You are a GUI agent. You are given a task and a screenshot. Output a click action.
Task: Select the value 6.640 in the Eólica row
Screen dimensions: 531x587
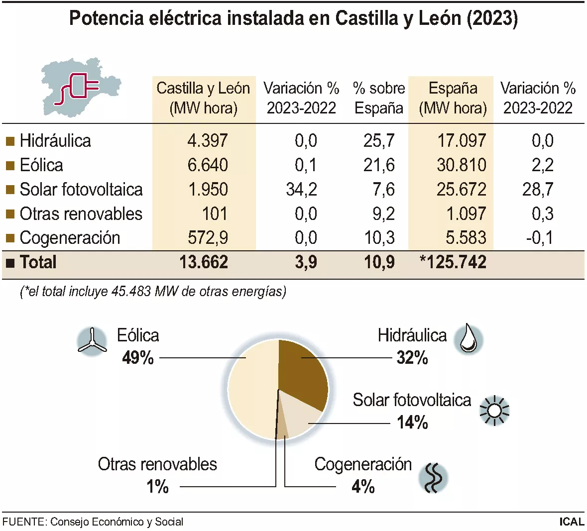[x=208, y=165]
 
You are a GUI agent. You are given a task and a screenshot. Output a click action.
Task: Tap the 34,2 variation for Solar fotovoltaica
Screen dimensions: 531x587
[x=301, y=189]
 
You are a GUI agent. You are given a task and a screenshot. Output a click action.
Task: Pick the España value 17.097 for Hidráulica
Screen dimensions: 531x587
[x=461, y=140]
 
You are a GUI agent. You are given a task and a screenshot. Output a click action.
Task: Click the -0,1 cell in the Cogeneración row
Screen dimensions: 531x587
[x=539, y=237]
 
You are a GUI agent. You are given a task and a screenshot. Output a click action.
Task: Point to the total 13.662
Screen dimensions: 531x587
[x=203, y=262]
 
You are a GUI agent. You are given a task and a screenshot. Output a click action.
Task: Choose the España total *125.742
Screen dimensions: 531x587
[x=453, y=262]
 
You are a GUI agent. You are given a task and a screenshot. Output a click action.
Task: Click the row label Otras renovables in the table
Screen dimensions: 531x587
[x=81, y=213]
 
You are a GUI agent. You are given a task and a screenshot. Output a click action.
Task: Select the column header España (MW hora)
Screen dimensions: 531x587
[x=453, y=98]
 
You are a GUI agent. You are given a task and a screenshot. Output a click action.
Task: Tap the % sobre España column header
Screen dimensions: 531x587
[x=378, y=98]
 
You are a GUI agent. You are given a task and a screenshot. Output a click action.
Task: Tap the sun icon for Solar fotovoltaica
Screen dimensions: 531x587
[x=494, y=411]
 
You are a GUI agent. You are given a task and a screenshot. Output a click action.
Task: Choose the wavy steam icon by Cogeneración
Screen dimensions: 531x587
[x=433, y=478]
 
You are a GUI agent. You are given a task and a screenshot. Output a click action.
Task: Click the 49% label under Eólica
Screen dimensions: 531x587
[x=137, y=357]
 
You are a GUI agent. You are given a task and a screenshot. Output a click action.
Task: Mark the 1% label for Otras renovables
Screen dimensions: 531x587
[x=157, y=486]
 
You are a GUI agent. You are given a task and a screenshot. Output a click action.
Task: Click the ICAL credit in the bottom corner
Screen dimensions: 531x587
[x=571, y=522]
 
